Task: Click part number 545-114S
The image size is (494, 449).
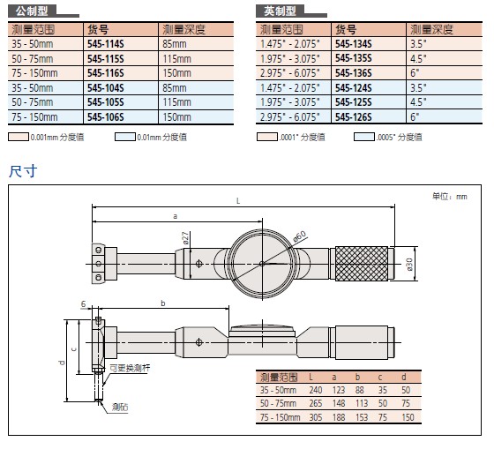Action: [106, 44]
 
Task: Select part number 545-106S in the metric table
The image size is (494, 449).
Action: [106, 117]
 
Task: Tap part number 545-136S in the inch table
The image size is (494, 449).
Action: [354, 73]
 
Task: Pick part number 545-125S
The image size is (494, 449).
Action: [354, 102]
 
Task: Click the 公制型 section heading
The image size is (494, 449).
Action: [32, 11]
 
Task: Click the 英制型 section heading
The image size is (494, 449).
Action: [280, 11]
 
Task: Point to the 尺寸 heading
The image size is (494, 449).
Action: [23, 171]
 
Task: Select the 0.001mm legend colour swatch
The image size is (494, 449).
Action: [19, 137]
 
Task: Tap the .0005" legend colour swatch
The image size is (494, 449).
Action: [363, 137]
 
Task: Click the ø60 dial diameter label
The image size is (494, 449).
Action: [299, 236]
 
